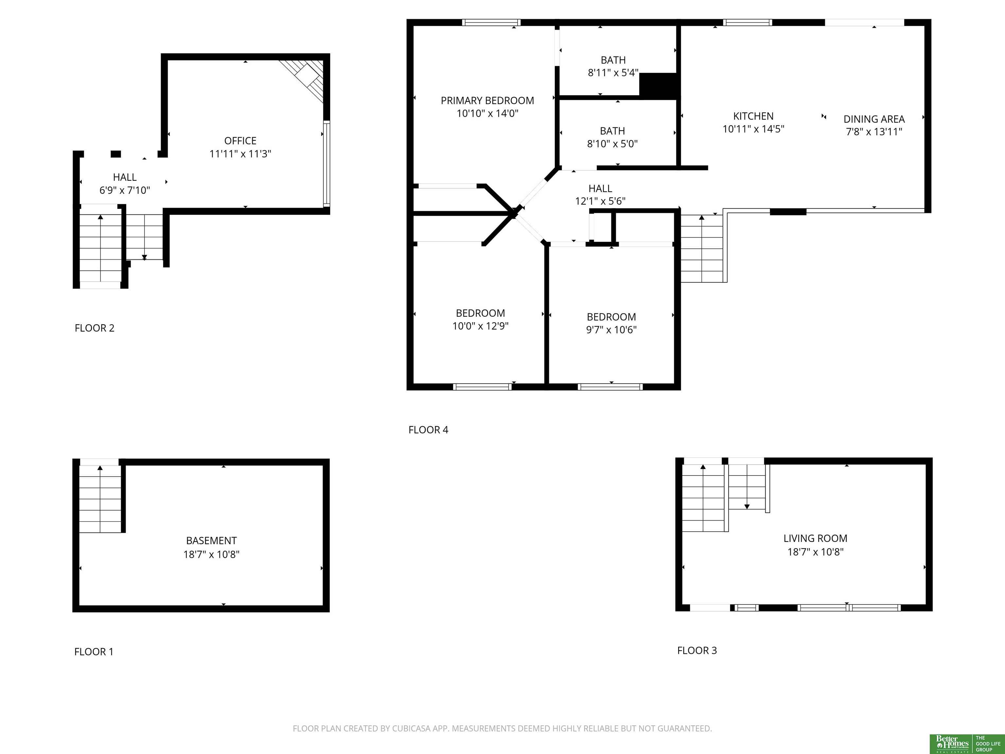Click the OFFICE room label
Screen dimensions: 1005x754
240,141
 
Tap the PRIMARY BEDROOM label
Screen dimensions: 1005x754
487,100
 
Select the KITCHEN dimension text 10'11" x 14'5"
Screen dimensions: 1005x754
753,129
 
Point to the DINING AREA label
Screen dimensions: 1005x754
874,119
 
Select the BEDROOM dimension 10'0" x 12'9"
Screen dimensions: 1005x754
480,326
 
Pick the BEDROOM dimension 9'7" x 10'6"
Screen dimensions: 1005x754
611,330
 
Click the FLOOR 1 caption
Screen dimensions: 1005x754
94,652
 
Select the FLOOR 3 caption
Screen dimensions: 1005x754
697,650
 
